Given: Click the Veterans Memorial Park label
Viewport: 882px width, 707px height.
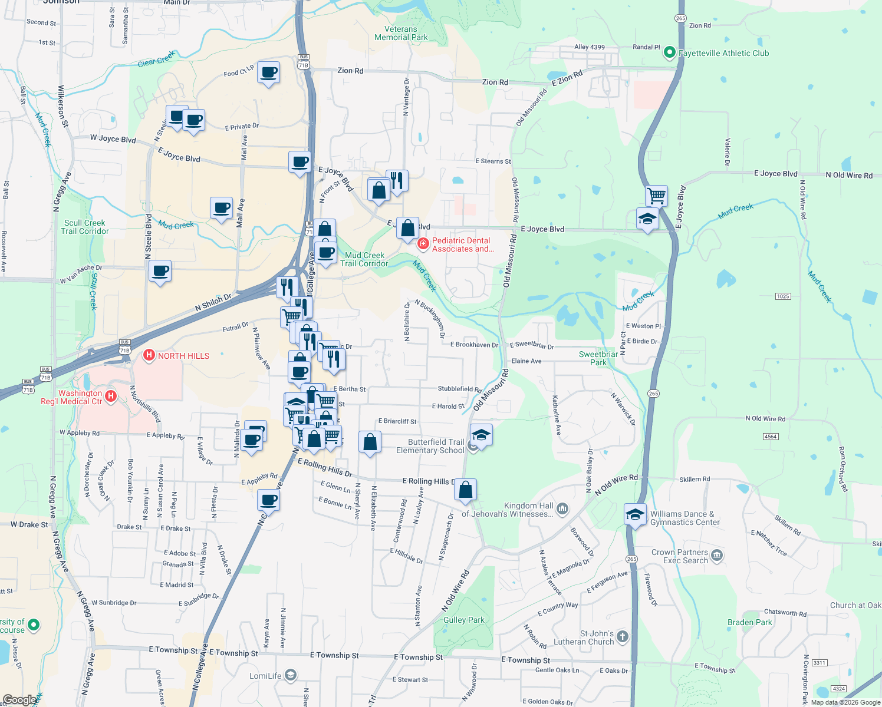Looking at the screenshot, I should [401, 33].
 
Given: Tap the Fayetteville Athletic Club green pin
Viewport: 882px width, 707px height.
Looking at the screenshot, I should [669, 53].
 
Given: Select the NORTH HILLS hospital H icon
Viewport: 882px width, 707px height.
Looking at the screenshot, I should [149, 355].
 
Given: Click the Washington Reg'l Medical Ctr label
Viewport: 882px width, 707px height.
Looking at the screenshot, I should [72, 397].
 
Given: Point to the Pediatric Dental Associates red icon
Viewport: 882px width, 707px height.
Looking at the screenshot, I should [423, 243].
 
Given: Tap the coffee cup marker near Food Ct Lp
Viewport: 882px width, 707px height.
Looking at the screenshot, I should [269, 72].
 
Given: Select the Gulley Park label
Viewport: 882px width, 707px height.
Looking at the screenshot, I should [463, 620].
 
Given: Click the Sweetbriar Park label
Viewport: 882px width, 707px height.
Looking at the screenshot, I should [598, 358].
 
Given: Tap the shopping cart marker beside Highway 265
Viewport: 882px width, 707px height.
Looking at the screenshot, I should [656, 195].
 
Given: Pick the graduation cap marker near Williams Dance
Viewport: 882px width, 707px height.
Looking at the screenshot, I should [635, 514].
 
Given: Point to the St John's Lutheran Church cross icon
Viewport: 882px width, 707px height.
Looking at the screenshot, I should [623, 636].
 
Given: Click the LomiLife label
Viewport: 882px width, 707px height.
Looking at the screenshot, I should [265, 676].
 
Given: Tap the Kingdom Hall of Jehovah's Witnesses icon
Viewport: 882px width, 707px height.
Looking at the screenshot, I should [562, 509].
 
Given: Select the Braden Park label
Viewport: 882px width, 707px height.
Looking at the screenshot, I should [749, 622].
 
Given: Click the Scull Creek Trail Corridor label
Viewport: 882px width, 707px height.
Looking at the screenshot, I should [85, 227].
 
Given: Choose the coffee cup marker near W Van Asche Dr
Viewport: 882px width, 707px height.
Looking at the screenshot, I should [160, 271].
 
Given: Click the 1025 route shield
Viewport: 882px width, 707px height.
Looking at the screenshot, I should [783, 296].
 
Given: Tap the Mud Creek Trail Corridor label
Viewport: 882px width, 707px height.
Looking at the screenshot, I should [364, 259].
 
